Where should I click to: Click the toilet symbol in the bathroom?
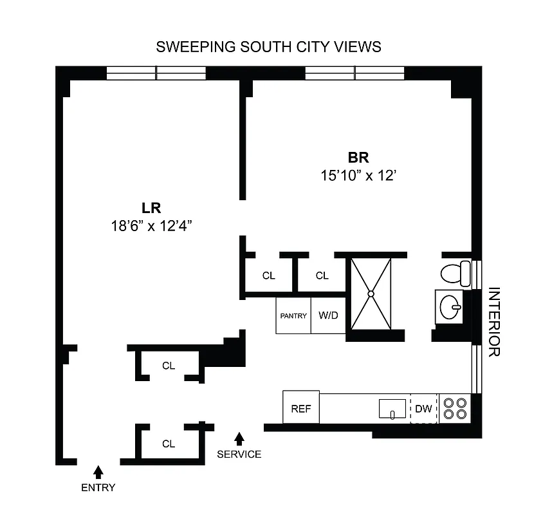pos(456,273)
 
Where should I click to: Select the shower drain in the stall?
pos(371,294)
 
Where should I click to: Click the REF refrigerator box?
pos(301,408)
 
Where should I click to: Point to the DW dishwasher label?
pos(423,409)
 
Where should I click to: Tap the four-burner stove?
pos(455,408)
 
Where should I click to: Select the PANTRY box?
pos(293,315)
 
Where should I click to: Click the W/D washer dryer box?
pos(329,315)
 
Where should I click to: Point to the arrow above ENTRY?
pos(98,472)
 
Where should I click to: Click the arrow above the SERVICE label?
pos(239,439)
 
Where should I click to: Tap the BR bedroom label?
pos(358,157)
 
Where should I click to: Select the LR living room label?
pos(151,208)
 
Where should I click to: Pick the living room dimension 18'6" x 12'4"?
pos(151,225)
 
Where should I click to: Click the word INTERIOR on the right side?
pos(494,322)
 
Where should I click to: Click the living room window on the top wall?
pos(156,73)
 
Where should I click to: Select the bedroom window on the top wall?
pos(354,73)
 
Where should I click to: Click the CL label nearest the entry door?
pos(169,444)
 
